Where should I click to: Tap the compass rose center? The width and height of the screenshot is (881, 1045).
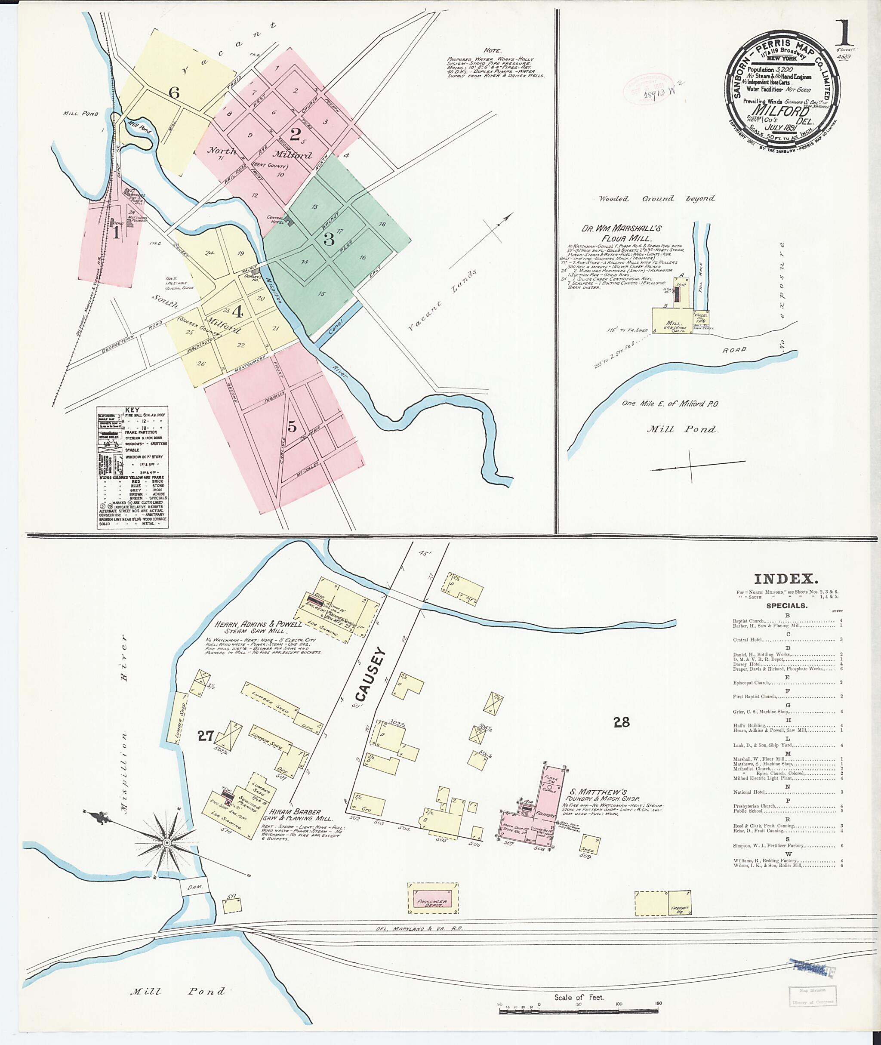pyautogui.click(x=167, y=843)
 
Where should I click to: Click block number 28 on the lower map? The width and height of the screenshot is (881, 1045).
pyautogui.click(x=621, y=722)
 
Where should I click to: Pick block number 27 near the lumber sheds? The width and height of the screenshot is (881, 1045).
pyautogui.click(x=205, y=736)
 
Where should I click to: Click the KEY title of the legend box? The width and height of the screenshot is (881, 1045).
pyautogui.click(x=132, y=410)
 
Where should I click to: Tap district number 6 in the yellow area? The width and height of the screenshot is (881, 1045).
pyautogui.click(x=173, y=92)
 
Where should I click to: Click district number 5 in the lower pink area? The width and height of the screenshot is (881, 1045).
pyautogui.click(x=292, y=427)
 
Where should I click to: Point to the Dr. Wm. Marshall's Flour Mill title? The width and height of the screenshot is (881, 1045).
pyautogui.click(x=621, y=233)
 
